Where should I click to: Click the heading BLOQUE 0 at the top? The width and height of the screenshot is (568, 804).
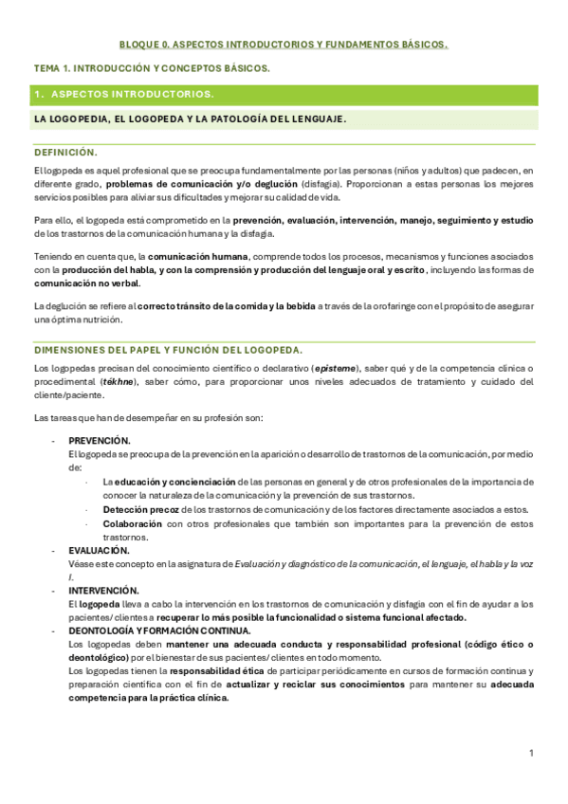[283, 45]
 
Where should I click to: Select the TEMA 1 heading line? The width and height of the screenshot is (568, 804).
[152, 68]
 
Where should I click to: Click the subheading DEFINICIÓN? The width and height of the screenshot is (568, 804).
[65, 152]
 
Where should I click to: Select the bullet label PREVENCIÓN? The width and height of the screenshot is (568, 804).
[100, 441]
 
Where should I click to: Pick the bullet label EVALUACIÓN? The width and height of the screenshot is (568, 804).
[99, 550]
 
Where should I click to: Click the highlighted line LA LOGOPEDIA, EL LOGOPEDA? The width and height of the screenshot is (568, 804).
[190, 119]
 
